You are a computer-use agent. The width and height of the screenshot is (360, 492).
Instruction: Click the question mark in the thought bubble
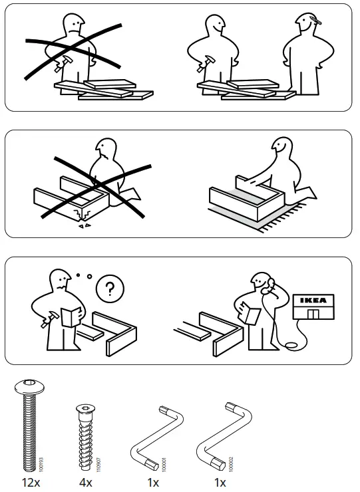tap(110, 289)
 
